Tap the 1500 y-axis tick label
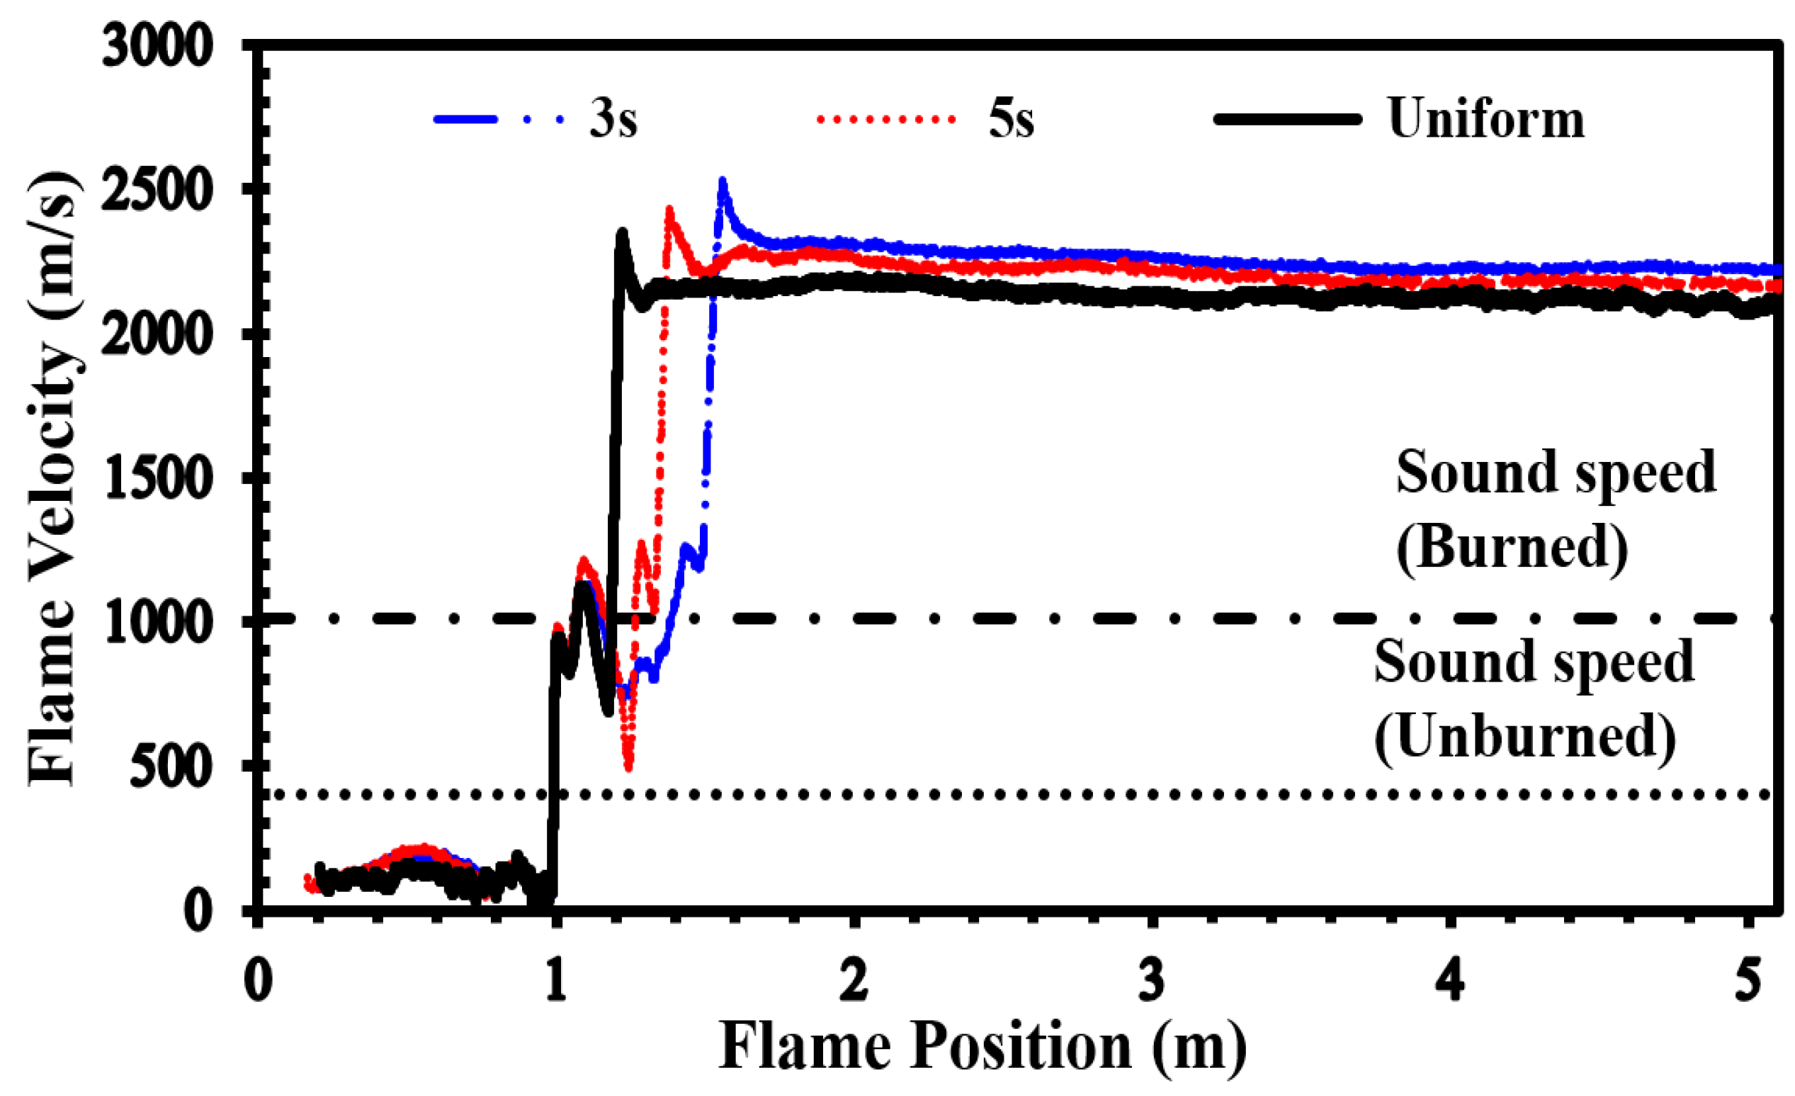tap(157, 478)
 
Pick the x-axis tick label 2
tap(854, 981)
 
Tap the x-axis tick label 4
tap(1450, 981)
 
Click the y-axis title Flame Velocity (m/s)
tap(52, 478)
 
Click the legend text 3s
tap(613, 118)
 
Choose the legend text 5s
tap(1011, 118)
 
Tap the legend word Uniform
tap(1486, 118)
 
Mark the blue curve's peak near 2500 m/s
tap(723, 182)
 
